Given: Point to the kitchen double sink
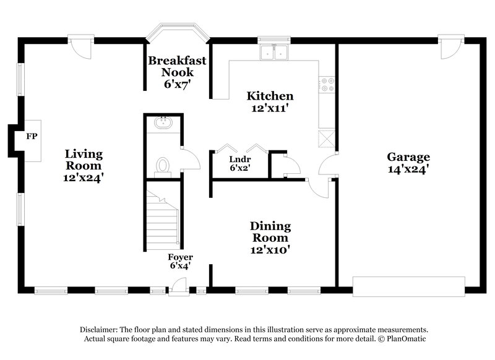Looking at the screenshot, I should pos(274,53).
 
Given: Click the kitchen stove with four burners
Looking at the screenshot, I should pos(327,84).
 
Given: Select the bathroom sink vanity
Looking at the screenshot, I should pos(163,122).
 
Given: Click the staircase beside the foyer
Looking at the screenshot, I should pos(162,220).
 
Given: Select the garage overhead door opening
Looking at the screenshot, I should pos(408,286).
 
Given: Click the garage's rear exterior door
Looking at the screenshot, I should pos(451,48).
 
